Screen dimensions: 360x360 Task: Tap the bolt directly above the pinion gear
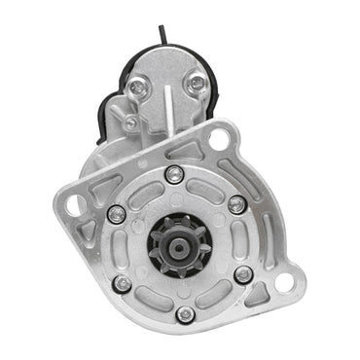174,174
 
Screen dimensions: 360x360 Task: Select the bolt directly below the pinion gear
185,314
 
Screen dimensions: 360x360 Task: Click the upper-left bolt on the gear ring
116,214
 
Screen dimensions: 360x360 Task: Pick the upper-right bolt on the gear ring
236,203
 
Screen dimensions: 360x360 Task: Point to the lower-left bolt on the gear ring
122,284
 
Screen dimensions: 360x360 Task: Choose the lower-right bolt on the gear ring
243,275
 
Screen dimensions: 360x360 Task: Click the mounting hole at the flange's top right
218,139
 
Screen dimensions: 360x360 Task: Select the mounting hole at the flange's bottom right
283,283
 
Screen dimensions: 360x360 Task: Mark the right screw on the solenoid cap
197,86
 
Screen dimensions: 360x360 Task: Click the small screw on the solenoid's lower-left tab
129,124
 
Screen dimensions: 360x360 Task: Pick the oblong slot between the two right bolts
247,239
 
